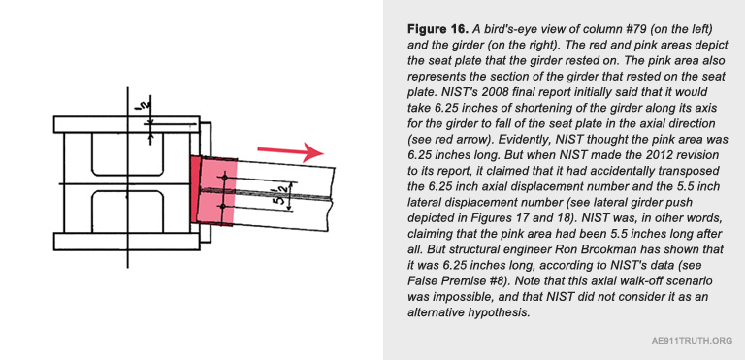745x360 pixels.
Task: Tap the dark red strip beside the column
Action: [x=195, y=190]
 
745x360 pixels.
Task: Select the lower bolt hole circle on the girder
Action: [x=222, y=206]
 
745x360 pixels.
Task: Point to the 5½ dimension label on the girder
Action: [x=279, y=195]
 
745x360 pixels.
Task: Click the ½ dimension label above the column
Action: [x=140, y=105]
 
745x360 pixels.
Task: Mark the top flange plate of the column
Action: [x=127, y=124]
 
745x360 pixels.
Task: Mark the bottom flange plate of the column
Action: [x=127, y=242]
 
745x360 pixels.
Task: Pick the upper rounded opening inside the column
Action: [x=128, y=154]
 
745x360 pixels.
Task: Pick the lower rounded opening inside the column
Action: [x=128, y=212]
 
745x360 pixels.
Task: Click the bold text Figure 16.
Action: [x=437, y=29]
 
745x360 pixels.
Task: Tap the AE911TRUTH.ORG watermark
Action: [x=692, y=341]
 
